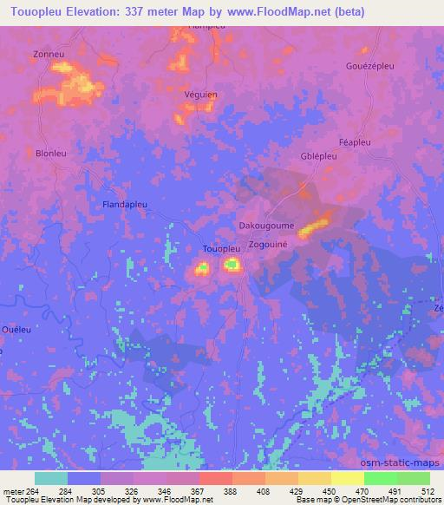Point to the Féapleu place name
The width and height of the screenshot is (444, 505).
pyautogui.click(x=354, y=141)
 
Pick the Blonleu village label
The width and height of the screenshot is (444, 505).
pyautogui.click(x=51, y=154)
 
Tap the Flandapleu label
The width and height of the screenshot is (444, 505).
pyautogui.click(x=127, y=205)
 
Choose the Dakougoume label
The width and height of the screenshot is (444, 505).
pyautogui.click(x=266, y=225)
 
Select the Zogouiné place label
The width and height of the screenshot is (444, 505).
pyautogui.click(x=271, y=246)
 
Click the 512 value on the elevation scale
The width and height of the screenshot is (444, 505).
pyautogui.click(x=428, y=490)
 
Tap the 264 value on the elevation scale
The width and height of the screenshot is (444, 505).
pyautogui.click(x=29, y=490)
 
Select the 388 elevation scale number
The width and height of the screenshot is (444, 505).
pyautogui.click(x=231, y=490)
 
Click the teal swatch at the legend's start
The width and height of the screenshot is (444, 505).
pyautogui.click(x=51, y=478)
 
